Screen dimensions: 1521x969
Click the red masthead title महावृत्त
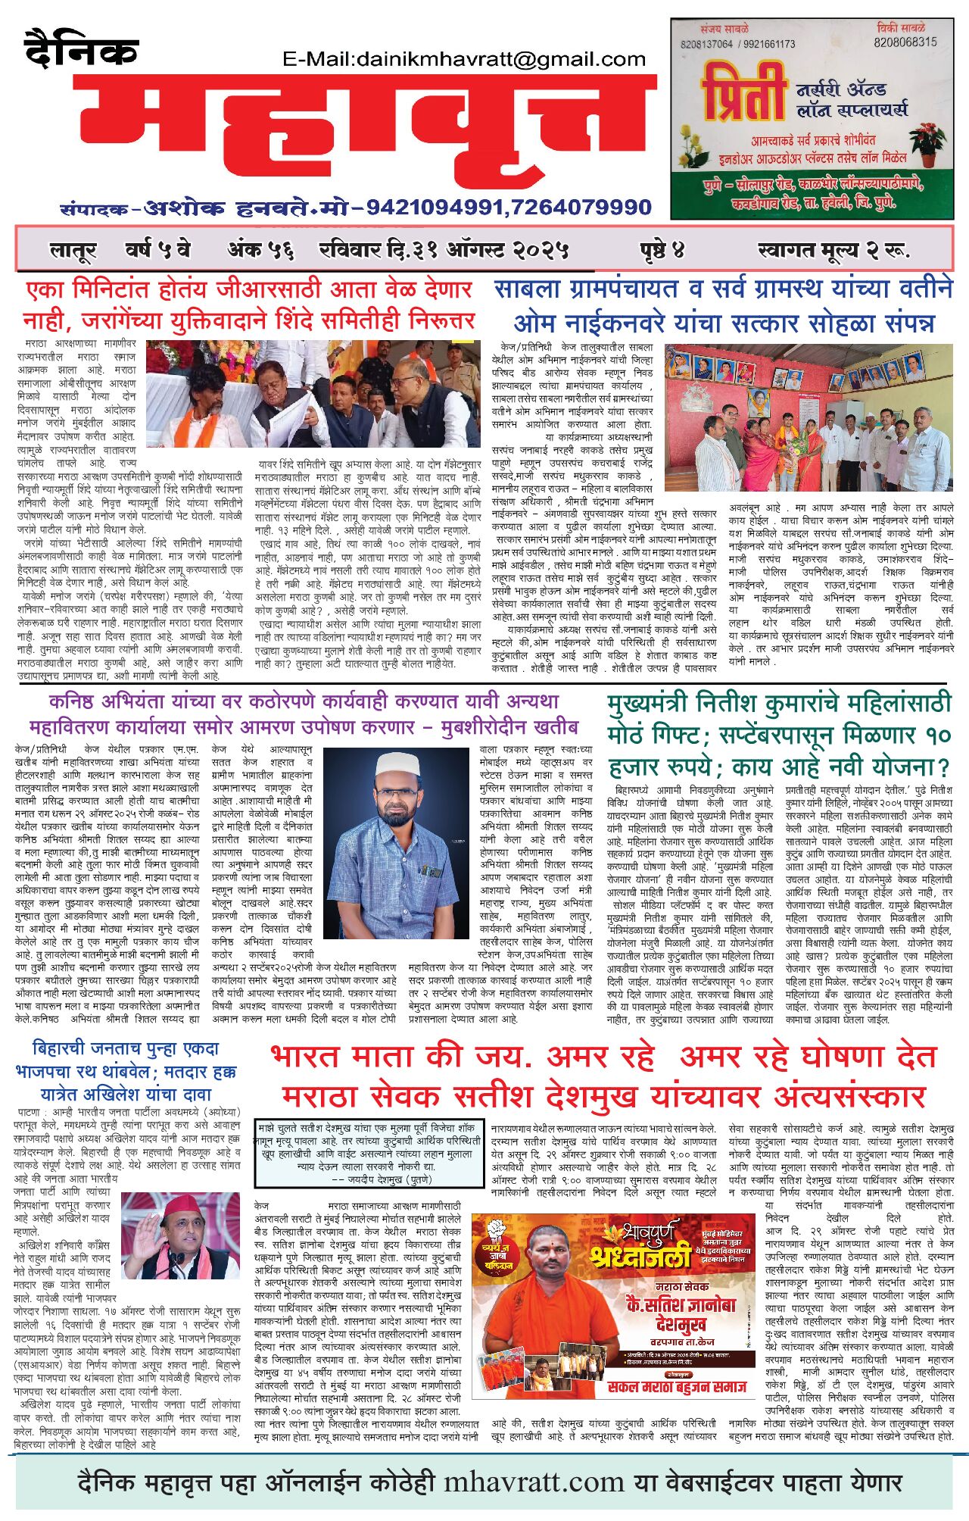(x=363, y=136)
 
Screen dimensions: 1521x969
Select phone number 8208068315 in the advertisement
(x=905, y=42)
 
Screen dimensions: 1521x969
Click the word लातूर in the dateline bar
(x=73, y=250)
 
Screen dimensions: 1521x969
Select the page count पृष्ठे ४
(x=661, y=250)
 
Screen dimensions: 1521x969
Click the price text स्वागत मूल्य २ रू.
(x=833, y=250)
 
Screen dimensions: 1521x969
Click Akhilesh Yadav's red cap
(x=182, y=1204)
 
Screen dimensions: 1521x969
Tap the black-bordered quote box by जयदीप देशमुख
(x=369, y=1152)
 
